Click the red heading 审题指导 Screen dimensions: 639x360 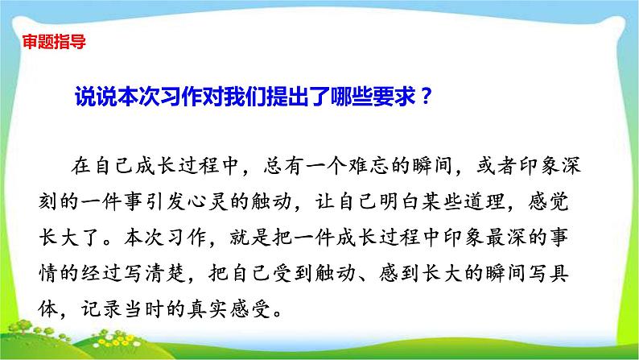click(x=54, y=42)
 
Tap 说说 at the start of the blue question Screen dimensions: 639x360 click(x=96, y=97)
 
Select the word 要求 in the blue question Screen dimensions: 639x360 click(x=394, y=97)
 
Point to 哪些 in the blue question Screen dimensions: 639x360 click(x=351, y=97)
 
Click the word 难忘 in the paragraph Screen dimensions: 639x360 click(x=368, y=166)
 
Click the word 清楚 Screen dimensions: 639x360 click(x=166, y=273)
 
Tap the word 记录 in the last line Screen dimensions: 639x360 click(x=101, y=309)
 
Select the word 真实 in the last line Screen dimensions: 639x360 click(x=208, y=309)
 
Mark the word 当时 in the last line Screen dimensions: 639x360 click(x=144, y=309)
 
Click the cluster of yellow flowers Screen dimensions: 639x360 click(x=117, y=340)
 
